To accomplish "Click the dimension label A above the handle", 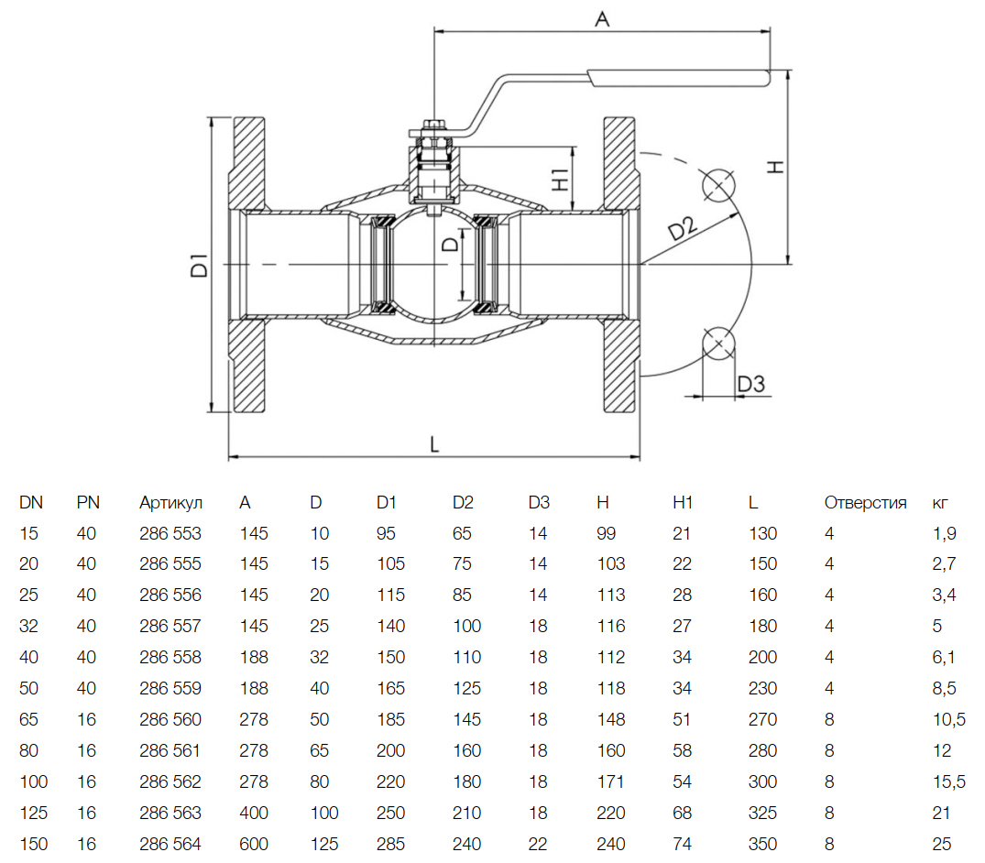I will point(602,17).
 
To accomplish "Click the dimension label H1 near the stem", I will point(562,178).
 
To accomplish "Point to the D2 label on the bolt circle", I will point(683,230).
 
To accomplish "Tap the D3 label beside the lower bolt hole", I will point(750,384).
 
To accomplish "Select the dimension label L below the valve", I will point(435,443).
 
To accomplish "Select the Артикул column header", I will point(170,502).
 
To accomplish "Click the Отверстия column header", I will point(865,502).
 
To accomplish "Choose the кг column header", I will point(940,503).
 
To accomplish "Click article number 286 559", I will point(170,688).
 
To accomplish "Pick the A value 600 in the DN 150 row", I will point(254,844).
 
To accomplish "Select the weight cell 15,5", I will point(949,781).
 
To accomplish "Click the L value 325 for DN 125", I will point(762,813).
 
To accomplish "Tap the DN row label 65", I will point(28,719).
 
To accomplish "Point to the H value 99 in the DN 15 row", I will point(606,533).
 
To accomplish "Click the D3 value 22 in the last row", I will point(538,844).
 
